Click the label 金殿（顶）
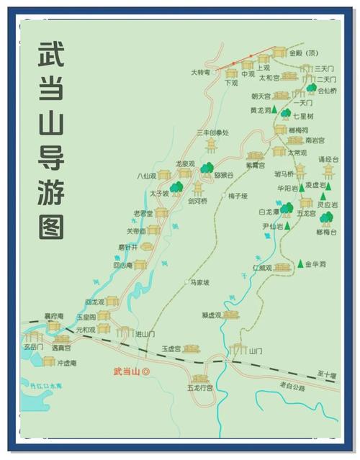point(303,53)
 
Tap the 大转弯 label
point(200,72)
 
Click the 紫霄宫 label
point(256,165)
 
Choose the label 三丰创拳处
point(212,132)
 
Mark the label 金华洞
point(316,264)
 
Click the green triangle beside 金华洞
point(300,264)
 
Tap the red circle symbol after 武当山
point(146,372)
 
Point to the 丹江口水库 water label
point(45,386)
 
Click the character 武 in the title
point(51,56)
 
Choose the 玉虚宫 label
point(171,348)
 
